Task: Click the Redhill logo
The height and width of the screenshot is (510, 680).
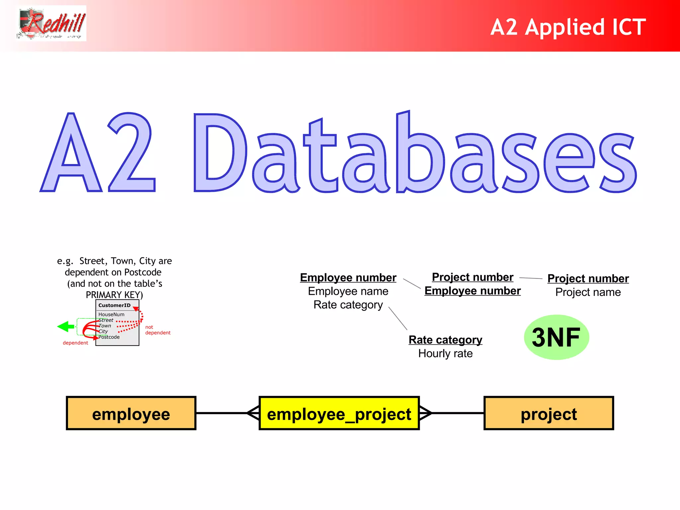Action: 52,23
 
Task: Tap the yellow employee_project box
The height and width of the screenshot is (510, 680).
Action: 339,413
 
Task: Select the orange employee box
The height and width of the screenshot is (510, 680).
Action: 131,413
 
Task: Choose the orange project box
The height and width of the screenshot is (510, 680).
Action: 549,413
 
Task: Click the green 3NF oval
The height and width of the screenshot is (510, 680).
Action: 556,337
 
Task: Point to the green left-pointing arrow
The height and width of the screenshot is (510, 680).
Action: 65,326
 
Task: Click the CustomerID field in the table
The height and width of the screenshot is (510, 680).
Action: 114,305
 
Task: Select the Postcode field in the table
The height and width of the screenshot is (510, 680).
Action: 109,337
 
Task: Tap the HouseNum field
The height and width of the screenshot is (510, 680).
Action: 111,314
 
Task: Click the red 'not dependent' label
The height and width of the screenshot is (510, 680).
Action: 158,330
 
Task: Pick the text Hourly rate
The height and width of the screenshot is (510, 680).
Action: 445,354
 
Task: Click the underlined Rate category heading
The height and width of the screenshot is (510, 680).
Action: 445,340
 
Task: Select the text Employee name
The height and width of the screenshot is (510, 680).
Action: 348,291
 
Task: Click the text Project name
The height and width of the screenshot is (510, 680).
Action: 588,292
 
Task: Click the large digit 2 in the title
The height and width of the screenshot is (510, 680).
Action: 131,153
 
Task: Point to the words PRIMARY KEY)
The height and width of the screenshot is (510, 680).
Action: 114,295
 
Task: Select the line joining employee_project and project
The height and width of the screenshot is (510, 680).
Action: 458,413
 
